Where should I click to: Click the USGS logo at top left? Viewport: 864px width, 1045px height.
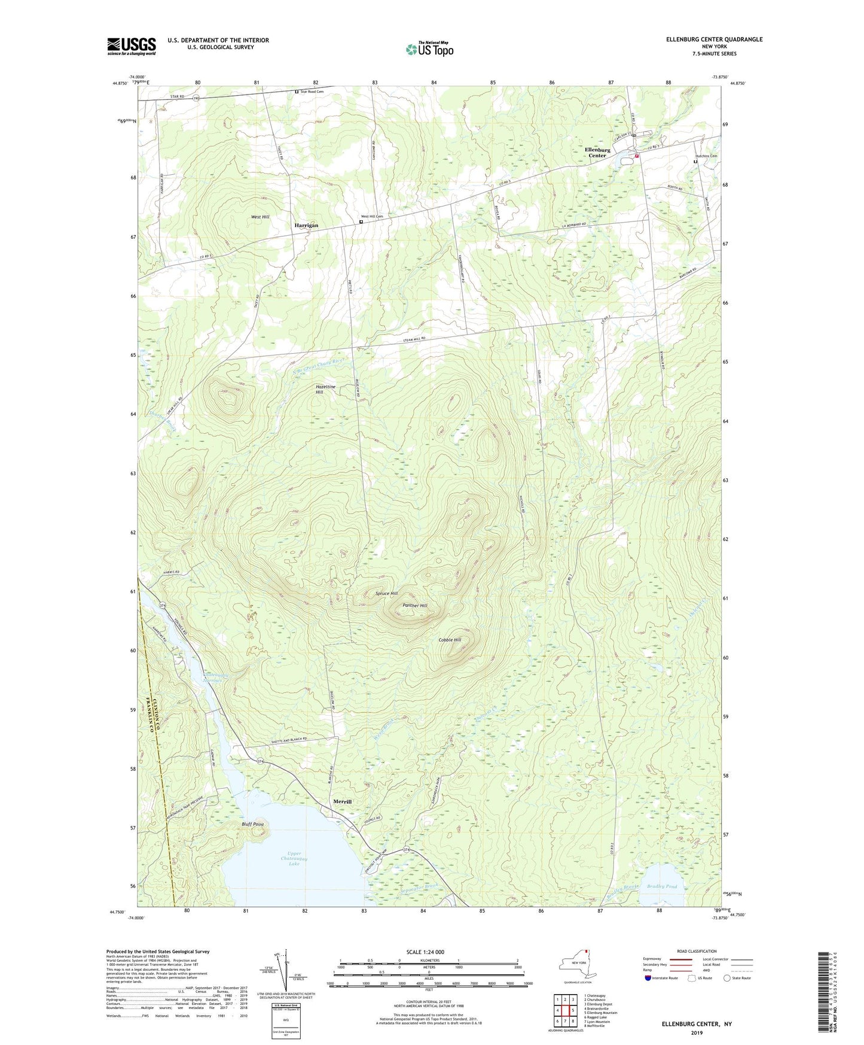pos(132,46)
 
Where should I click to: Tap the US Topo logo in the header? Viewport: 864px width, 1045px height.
pos(429,49)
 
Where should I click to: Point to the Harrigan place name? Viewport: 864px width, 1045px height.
pos(306,226)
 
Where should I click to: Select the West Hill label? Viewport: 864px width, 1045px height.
pos(260,217)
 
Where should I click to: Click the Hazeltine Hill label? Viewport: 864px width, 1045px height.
pos(325,390)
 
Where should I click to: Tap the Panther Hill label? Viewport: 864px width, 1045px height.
pos(415,606)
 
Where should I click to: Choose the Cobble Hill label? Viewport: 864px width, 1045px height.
pos(450,640)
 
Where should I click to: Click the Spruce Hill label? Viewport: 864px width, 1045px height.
pos(386,594)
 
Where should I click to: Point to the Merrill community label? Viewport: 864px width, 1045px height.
pos(342,801)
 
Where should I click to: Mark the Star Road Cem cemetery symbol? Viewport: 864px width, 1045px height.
pos(297,92)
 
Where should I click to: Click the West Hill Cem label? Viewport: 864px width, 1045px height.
pos(371,217)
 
